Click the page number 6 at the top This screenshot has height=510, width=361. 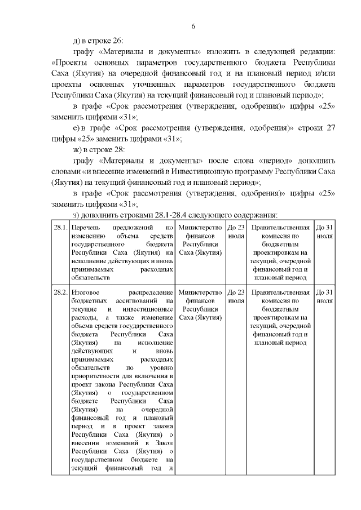(x=193, y=26)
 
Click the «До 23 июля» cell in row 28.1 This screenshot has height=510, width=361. (x=236, y=232)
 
